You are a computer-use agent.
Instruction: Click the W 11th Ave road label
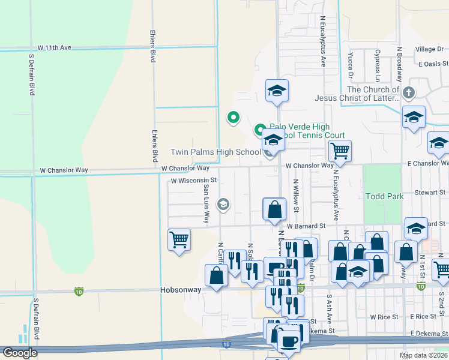pyautogui.click(x=54, y=47)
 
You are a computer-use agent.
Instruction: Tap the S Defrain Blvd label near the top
pyautogui.click(x=32, y=75)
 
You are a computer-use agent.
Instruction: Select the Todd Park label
pyautogui.click(x=384, y=196)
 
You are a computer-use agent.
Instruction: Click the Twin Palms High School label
pyautogui.click(x=215, y=152)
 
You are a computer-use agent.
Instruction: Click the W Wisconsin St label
pyautogui.click(x=193, y=180)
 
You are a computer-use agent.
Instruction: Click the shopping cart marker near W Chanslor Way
pyautogui.click(x=340, y=151)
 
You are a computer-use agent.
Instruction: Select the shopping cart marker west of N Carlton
pyautogui.click(x=179, y=239)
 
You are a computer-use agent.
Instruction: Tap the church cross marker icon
pyautogui.click(x=408, y=93)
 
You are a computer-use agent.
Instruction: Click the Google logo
pyautogui.click(x=20, y=353)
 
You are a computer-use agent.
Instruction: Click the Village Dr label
pyautogui.click(x=431, y=49)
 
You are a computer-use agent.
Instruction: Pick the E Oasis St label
pyautogui.click(x=433, y=64)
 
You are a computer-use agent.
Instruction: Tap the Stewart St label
pyautogui.click(x=432, y=193)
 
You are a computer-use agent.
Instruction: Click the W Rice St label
pyautogui.click(x=384, y=316)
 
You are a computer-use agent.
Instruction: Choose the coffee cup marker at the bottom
pyautogui.click(x=289, y=340)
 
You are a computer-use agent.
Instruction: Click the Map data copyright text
pyautogui.click(x=422, y=355)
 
